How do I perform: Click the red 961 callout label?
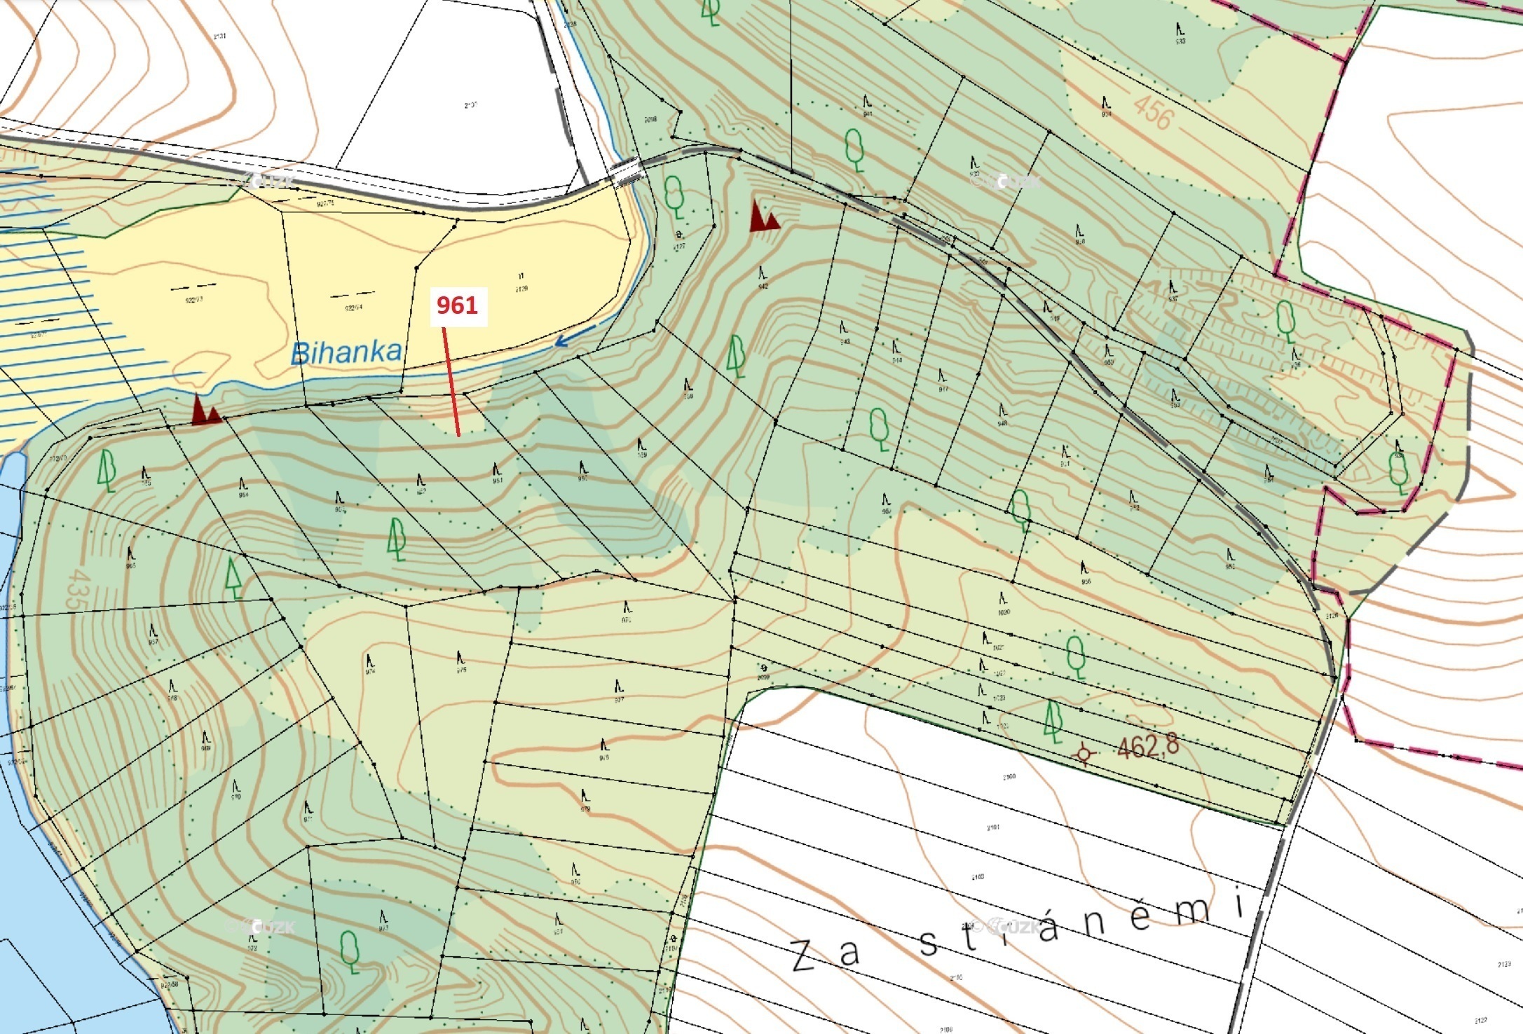tap(457, 305)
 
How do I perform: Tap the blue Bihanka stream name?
tap(346, 352)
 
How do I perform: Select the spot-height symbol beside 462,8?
tap(1084, 754)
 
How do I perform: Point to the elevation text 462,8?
tap(1148, 747)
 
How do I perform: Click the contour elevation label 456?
tap(1153, 113)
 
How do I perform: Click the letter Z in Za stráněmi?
tap(804, 956)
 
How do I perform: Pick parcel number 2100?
tap(1009, 777)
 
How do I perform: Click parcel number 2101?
tap(993, 827)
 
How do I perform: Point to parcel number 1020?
tap(1004, 612)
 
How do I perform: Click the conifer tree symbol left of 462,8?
tap(1052, 722)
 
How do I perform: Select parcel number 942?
tap(763, 286)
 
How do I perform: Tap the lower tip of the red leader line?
tap(458, 436)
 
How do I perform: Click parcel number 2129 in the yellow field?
tap(521, 289)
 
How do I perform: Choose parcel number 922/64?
tap(353, 308)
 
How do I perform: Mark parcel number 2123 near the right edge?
tap(1504, 965)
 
